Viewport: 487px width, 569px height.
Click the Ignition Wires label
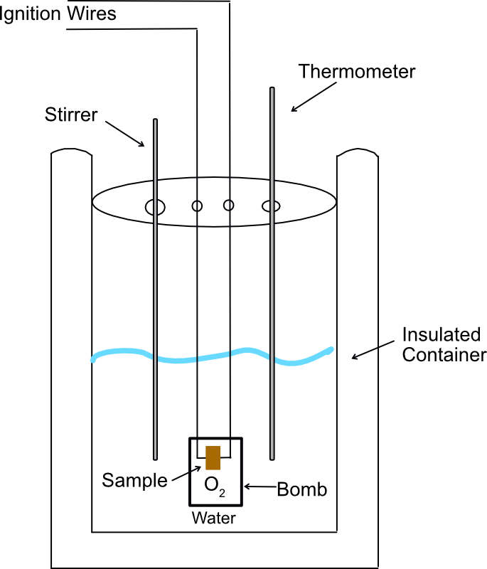tap(57, 13)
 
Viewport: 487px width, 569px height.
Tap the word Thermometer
tap(357, 72)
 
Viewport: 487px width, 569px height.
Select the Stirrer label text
tap(70, 115)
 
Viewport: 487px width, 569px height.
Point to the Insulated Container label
tap(444, 344)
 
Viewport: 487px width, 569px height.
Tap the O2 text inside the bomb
tap(213, 486)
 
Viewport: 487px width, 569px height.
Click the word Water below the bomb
tap(213, 518)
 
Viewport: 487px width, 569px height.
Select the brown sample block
tap(213, 458)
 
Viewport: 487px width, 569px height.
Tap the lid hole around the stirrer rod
tap(155, 207)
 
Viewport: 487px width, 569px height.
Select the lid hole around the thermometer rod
tap(272, 206)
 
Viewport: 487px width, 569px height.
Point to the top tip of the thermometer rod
tap(272, 89)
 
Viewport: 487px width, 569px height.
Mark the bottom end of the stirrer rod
tap(155, 457)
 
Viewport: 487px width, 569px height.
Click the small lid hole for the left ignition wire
tap(197, 206)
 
